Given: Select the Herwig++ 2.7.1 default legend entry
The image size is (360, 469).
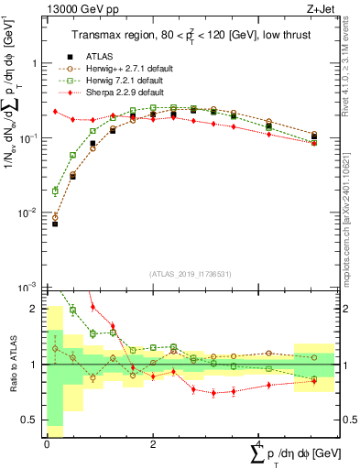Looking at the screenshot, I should (125, 68).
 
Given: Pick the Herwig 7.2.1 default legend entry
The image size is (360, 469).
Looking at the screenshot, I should (124, 81).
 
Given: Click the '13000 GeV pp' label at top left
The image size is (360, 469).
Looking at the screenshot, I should (66, 7).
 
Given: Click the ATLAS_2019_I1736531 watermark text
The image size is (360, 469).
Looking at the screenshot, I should (190, 274).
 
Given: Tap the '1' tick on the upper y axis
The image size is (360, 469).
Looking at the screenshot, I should (34, 63).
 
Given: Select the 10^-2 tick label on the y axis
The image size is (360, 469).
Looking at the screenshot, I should (27, 213).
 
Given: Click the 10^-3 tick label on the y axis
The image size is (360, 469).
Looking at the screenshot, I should (27, 287).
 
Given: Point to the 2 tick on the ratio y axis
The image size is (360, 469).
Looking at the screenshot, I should (34, 309).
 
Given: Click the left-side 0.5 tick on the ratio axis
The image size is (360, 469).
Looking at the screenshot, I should (29, 420).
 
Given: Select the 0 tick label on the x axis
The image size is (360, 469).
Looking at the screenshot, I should (47, 443).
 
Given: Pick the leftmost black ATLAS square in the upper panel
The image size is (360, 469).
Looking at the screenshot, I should (55, 224).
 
